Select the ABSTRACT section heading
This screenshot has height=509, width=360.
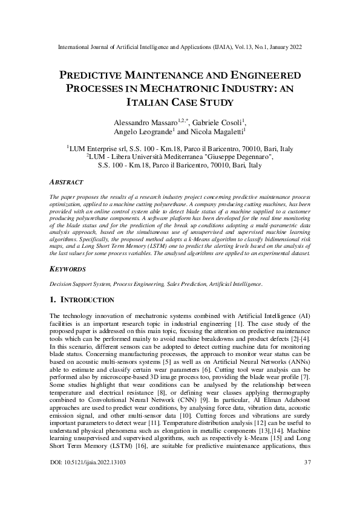point(66,181)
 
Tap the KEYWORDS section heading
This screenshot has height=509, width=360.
point(68,268)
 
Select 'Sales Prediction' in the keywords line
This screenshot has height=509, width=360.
point(160,283)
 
